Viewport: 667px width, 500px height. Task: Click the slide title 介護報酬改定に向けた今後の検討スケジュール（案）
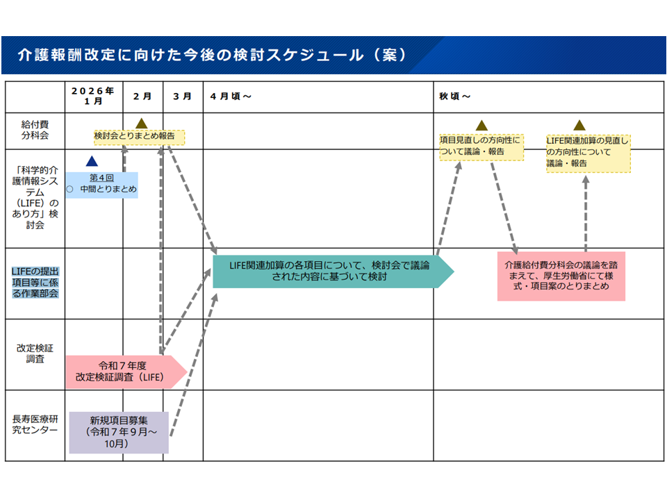coord(212,56)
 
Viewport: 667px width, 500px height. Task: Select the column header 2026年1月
coord(93,96)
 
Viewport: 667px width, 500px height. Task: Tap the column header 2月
coord(142,96)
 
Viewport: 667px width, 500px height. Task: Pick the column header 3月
coord(183,96)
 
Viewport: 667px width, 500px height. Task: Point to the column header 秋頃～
coord(455,96)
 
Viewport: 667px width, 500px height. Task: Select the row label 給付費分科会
coord(35,130)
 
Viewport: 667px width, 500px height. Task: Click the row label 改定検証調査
coord(35,354)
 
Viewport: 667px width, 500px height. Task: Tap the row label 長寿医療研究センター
coord(35,424)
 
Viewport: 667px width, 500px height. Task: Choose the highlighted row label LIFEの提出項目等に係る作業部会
coord(35,283)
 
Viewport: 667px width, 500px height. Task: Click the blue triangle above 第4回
coord(90,161)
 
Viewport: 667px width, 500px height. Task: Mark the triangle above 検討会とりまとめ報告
coord(142,123)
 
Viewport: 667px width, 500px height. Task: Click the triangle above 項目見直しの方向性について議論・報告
coord(480,124)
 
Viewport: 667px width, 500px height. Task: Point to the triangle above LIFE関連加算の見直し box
coord(579,125)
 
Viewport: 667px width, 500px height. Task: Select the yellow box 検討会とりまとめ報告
coord(139,137)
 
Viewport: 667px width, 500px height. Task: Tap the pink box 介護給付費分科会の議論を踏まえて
coord(561,276)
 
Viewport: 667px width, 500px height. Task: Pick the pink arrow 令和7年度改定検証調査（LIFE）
coord(125,372)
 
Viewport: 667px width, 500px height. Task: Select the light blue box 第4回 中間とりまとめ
coord(103,185)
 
